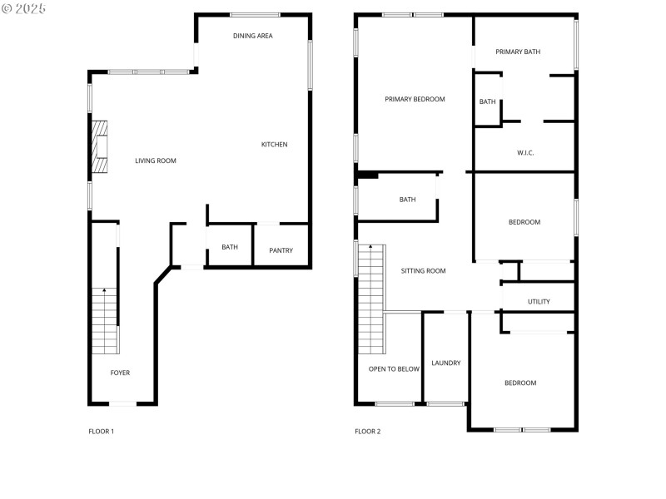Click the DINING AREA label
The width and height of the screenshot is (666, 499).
[253, 36]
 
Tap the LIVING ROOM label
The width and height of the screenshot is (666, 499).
[156, 161]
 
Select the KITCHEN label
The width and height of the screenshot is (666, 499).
[274, 145]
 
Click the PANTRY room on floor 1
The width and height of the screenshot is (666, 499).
[281, 250]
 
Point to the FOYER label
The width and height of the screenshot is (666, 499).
[120, 373]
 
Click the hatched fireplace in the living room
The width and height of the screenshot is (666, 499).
[100, 147]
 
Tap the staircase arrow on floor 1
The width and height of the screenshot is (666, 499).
[104, 291]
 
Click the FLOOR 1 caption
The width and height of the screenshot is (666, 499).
[101, 431]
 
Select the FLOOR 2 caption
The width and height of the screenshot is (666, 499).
[367, 431]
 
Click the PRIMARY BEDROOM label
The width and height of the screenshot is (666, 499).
[415, 99]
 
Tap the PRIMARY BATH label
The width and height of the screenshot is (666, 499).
[518, 52]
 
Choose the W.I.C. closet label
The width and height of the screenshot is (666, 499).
[525, 152]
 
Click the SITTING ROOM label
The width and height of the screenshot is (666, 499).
[423, 270]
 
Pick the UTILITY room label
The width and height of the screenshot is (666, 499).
[539, 301]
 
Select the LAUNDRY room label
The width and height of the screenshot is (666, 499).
[446, 363]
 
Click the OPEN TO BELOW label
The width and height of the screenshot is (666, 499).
[394, 368]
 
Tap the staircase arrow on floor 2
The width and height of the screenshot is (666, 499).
[371, 248]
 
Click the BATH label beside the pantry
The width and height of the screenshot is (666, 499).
[230, 247]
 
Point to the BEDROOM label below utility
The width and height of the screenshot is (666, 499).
[520, 383]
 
